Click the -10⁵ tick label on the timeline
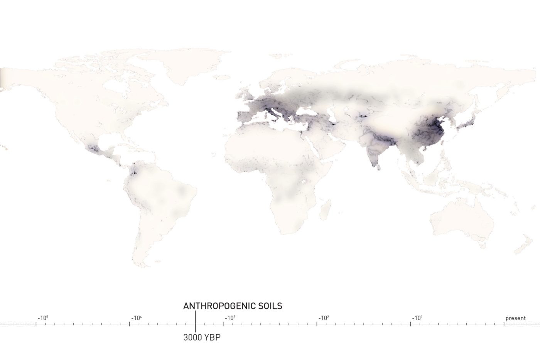pyautogui.click(x=42, y=318)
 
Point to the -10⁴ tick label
pyautogui.click(x=136, y=318)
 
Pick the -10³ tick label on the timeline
pyautogui.click(x=230, y=318)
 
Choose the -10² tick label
pyautogui.click(x=324, y=318)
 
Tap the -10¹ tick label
pyautogui.click(x=417, y=318)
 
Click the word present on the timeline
pyautogui.click(x=515, y=318)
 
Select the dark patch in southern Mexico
pyautogui.click(x=94, y=149)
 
